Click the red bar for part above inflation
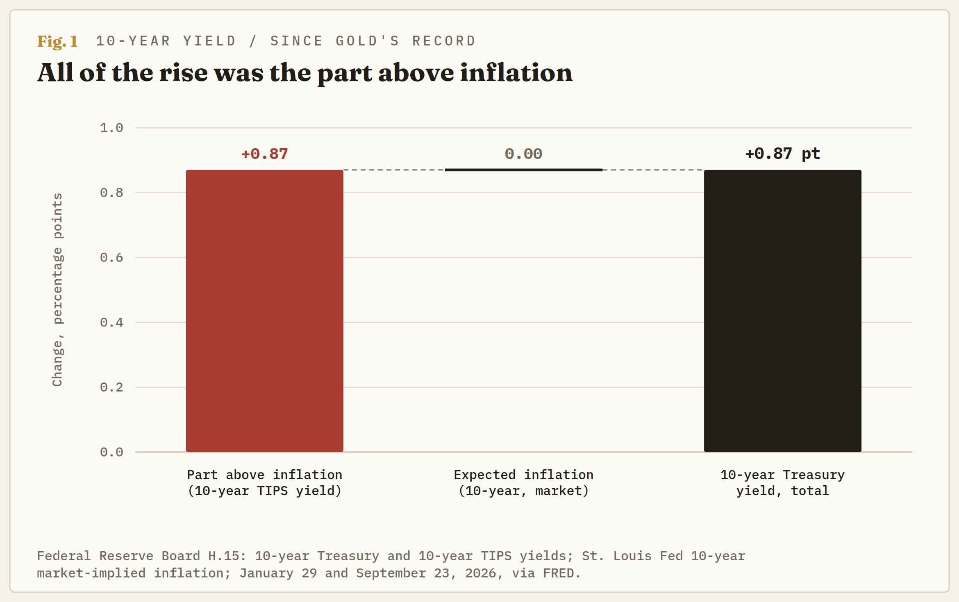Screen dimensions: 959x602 [265, 311]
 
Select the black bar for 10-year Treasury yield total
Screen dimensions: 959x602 [783, 311]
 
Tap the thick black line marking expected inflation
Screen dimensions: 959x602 [524, 170]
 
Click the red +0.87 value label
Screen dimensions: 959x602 [265, 154]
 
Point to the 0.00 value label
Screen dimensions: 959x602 [523, 154]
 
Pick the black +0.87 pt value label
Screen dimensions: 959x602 [783, 154]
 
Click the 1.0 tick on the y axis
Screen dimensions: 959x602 [111, 128]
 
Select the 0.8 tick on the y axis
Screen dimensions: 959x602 [111, 192]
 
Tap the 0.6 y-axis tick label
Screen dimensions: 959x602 [111, 257]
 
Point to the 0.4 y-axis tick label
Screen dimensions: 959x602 [111, 322]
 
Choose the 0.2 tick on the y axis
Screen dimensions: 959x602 [111, 387]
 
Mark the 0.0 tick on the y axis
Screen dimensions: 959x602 [111, 452]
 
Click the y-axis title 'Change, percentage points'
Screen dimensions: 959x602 [57, 290]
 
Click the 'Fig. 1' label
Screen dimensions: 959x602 [57, 41]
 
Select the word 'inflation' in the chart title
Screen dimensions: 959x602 [516, 72]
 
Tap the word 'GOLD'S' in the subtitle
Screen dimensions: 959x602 [368, 41]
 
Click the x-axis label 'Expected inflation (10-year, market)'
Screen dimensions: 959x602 [524, 483]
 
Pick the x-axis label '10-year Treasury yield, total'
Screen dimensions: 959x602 [783, 483]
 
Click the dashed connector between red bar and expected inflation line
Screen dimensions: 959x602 [394, 170]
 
